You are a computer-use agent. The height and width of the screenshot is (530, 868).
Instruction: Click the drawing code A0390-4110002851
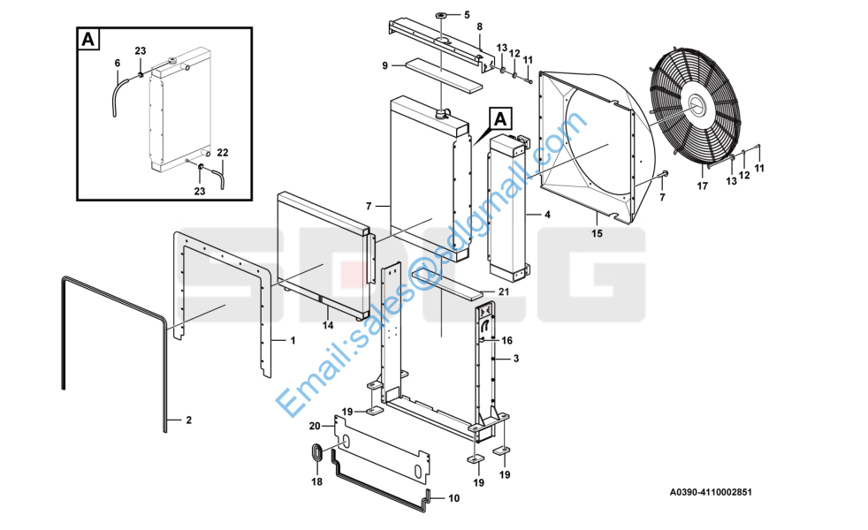(x=711, y=492)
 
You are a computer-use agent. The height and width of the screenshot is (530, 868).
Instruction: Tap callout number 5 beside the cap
(x=467, y=15)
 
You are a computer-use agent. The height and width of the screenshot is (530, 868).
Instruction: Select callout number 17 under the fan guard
(x=702, y=185)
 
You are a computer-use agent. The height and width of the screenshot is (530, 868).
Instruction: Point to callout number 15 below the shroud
(x=597, y=233)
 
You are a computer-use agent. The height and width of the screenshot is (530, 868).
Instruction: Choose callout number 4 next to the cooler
(x=547, y=214)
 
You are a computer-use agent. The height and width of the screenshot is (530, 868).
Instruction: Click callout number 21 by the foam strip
(x=504, y=291)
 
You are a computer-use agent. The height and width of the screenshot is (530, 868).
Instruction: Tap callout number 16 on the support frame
(x=507, y=340)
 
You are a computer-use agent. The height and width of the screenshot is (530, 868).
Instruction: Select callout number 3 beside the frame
(x=516, y=359)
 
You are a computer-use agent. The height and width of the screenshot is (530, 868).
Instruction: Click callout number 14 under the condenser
(x=328, y=325)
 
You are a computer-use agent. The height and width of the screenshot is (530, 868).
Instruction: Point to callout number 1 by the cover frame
(x=293, y=340)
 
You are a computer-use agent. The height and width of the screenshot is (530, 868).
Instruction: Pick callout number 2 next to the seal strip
(x=189, y=420)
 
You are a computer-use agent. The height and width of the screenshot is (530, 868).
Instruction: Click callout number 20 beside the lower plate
(x=315, y=426)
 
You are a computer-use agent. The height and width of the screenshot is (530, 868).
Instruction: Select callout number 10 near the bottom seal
(x=454, y=498)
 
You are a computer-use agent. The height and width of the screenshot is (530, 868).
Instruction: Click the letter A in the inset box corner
(x=88, y=40)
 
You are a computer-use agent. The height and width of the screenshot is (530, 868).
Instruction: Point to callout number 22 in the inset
(x=223, y=152)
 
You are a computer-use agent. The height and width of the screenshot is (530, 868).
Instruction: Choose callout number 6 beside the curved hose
(x=118, y=63)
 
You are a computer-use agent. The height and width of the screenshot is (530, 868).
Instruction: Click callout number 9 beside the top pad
(x=385, y=66)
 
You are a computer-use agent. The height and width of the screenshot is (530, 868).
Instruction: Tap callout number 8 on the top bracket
(x=479, y=26)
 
